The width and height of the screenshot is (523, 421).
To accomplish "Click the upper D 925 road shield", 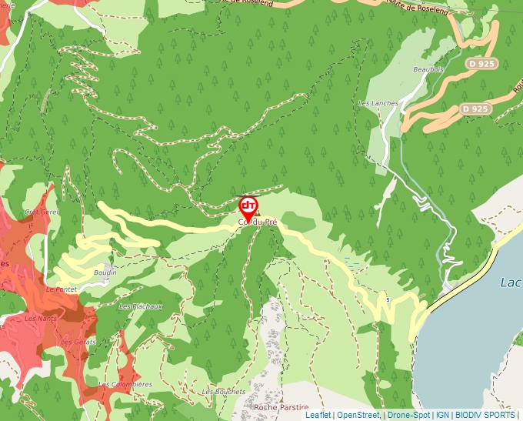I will tap(482, 64).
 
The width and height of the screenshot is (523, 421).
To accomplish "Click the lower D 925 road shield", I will tap(475, 109).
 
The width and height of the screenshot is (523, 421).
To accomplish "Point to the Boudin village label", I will tap(105, 272).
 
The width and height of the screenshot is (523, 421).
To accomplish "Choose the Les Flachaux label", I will tap(141, 306).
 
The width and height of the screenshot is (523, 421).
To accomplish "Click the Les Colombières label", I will tap(125, 384).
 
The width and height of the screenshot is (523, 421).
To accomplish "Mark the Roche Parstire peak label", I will tap(281, 406).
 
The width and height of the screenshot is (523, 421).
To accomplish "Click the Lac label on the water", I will tap(511, 282).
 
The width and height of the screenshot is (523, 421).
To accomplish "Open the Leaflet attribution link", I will tap(318, 415).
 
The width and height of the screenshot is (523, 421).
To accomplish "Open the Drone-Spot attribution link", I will tap(408, 415).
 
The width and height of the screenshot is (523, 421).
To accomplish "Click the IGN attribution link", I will tap(443, 415).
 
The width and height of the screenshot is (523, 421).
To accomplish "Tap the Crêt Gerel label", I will tap(42, 211).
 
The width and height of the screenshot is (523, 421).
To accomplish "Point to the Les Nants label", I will tap(40, 318).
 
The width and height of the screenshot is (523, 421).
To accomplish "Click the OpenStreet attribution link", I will tap(359, 415).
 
